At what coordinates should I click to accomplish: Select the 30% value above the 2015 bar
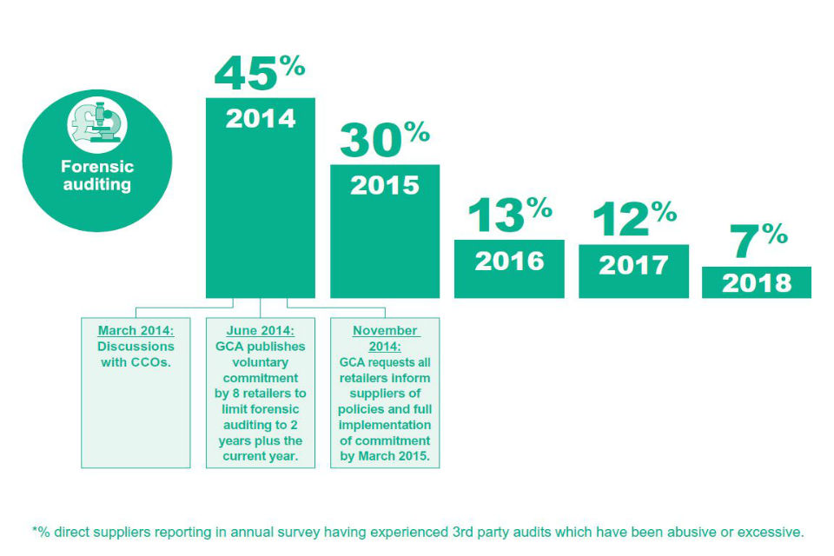[384, 139]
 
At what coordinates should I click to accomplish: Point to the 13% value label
[509, 215]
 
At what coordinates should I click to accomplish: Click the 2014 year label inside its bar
[261, 118]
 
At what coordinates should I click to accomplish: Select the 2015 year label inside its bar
[384, 185]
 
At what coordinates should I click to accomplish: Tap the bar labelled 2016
[509, 269]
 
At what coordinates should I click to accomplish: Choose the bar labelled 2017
[633, 272]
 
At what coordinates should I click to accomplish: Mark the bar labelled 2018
[757, 283]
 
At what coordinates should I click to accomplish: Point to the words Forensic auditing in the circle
[97, 175]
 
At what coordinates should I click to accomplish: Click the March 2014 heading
[135, 331]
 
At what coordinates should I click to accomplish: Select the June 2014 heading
[260, 331]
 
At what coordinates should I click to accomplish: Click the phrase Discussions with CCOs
[135, 354]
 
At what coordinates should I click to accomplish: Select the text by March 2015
[385, 456]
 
